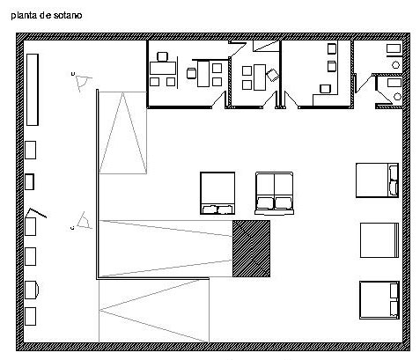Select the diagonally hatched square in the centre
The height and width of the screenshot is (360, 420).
(x=251, y=248)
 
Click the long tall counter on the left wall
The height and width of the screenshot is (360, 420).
(x=33, y=90)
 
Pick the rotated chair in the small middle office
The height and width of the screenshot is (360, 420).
(x=273, y=75)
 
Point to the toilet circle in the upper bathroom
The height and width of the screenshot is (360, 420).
(x=396, y=64)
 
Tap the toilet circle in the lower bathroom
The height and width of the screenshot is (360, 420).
(x=397, y=96)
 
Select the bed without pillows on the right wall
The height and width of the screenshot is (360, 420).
(x=379, y=240)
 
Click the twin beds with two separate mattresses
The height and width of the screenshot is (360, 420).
(x=274, y=194)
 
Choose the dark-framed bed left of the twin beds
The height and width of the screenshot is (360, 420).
(x=217, y=193)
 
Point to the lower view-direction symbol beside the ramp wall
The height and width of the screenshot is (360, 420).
(x=85, y=221)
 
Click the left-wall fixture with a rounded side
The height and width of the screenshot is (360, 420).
(x=32, y=290)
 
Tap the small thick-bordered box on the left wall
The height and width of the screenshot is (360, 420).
(x=29, y=182)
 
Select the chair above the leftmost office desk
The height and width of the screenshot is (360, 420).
(x=162, y=56)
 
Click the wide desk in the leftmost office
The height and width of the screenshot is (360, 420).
(x=163, y=68)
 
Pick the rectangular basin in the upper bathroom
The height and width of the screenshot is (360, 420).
(x=394, y=48)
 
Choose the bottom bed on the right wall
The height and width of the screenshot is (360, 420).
(x=379, y=300)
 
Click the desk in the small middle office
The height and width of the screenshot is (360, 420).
(x=260, y=77)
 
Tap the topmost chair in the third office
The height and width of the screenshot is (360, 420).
(x=332, y=48)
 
